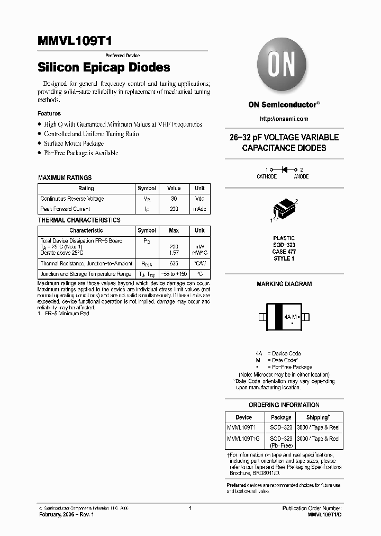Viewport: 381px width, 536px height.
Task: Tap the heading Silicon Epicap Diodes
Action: click(104, 68)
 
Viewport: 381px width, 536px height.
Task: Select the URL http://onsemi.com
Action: click(284, 119)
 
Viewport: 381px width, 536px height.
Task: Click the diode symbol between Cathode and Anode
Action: click(284, 169)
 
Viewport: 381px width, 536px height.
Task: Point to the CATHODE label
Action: click(267, 176)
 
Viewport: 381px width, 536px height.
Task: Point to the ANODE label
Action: click(302, 176)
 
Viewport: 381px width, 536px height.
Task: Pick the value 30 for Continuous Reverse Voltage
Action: click(174, 199)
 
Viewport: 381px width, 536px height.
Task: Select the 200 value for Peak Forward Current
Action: click(174, 209)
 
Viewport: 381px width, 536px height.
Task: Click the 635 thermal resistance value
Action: click(174, 263)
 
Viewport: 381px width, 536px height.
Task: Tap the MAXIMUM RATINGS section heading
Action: click(65, 178)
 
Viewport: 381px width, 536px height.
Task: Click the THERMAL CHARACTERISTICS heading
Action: click(79, 220)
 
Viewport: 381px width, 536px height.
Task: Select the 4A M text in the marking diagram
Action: click(291, 317)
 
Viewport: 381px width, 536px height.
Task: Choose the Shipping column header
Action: click(317, 417)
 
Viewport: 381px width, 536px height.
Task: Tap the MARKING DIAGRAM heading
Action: click(284, 284)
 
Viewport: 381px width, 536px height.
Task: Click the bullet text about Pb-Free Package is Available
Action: click(81, 153)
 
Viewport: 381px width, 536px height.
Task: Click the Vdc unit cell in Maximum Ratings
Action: click(199, 199)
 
